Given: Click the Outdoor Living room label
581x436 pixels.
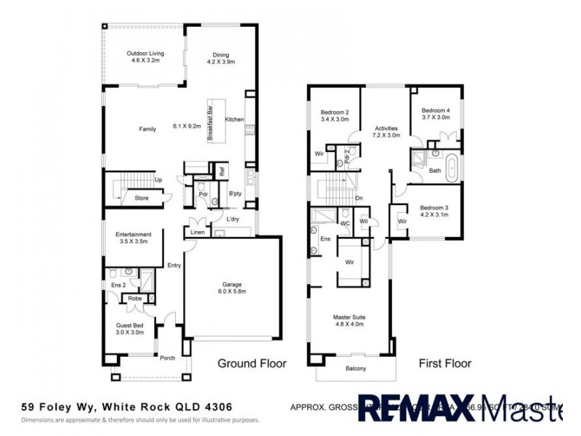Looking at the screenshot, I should [x=145, y=57].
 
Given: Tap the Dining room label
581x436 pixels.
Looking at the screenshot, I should [x=221, y=57].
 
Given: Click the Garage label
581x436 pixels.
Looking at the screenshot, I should [x=232, y=288].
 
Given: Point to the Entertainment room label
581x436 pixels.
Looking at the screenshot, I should [x=134, y=238].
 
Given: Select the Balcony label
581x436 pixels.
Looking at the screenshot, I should [x=356, y=368].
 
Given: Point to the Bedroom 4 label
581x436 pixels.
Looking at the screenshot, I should [x=436, y=114].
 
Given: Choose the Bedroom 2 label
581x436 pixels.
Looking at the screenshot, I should [x=335, y=116].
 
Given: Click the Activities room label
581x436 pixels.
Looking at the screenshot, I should [x=386, y=132].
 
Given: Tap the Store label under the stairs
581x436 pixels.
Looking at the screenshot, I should [x=141, y=197].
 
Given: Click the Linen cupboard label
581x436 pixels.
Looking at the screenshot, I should [x=197, y=233].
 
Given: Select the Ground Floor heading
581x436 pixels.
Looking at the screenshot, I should [x=252, y=363].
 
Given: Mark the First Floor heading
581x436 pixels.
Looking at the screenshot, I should [x=444, y=363].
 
